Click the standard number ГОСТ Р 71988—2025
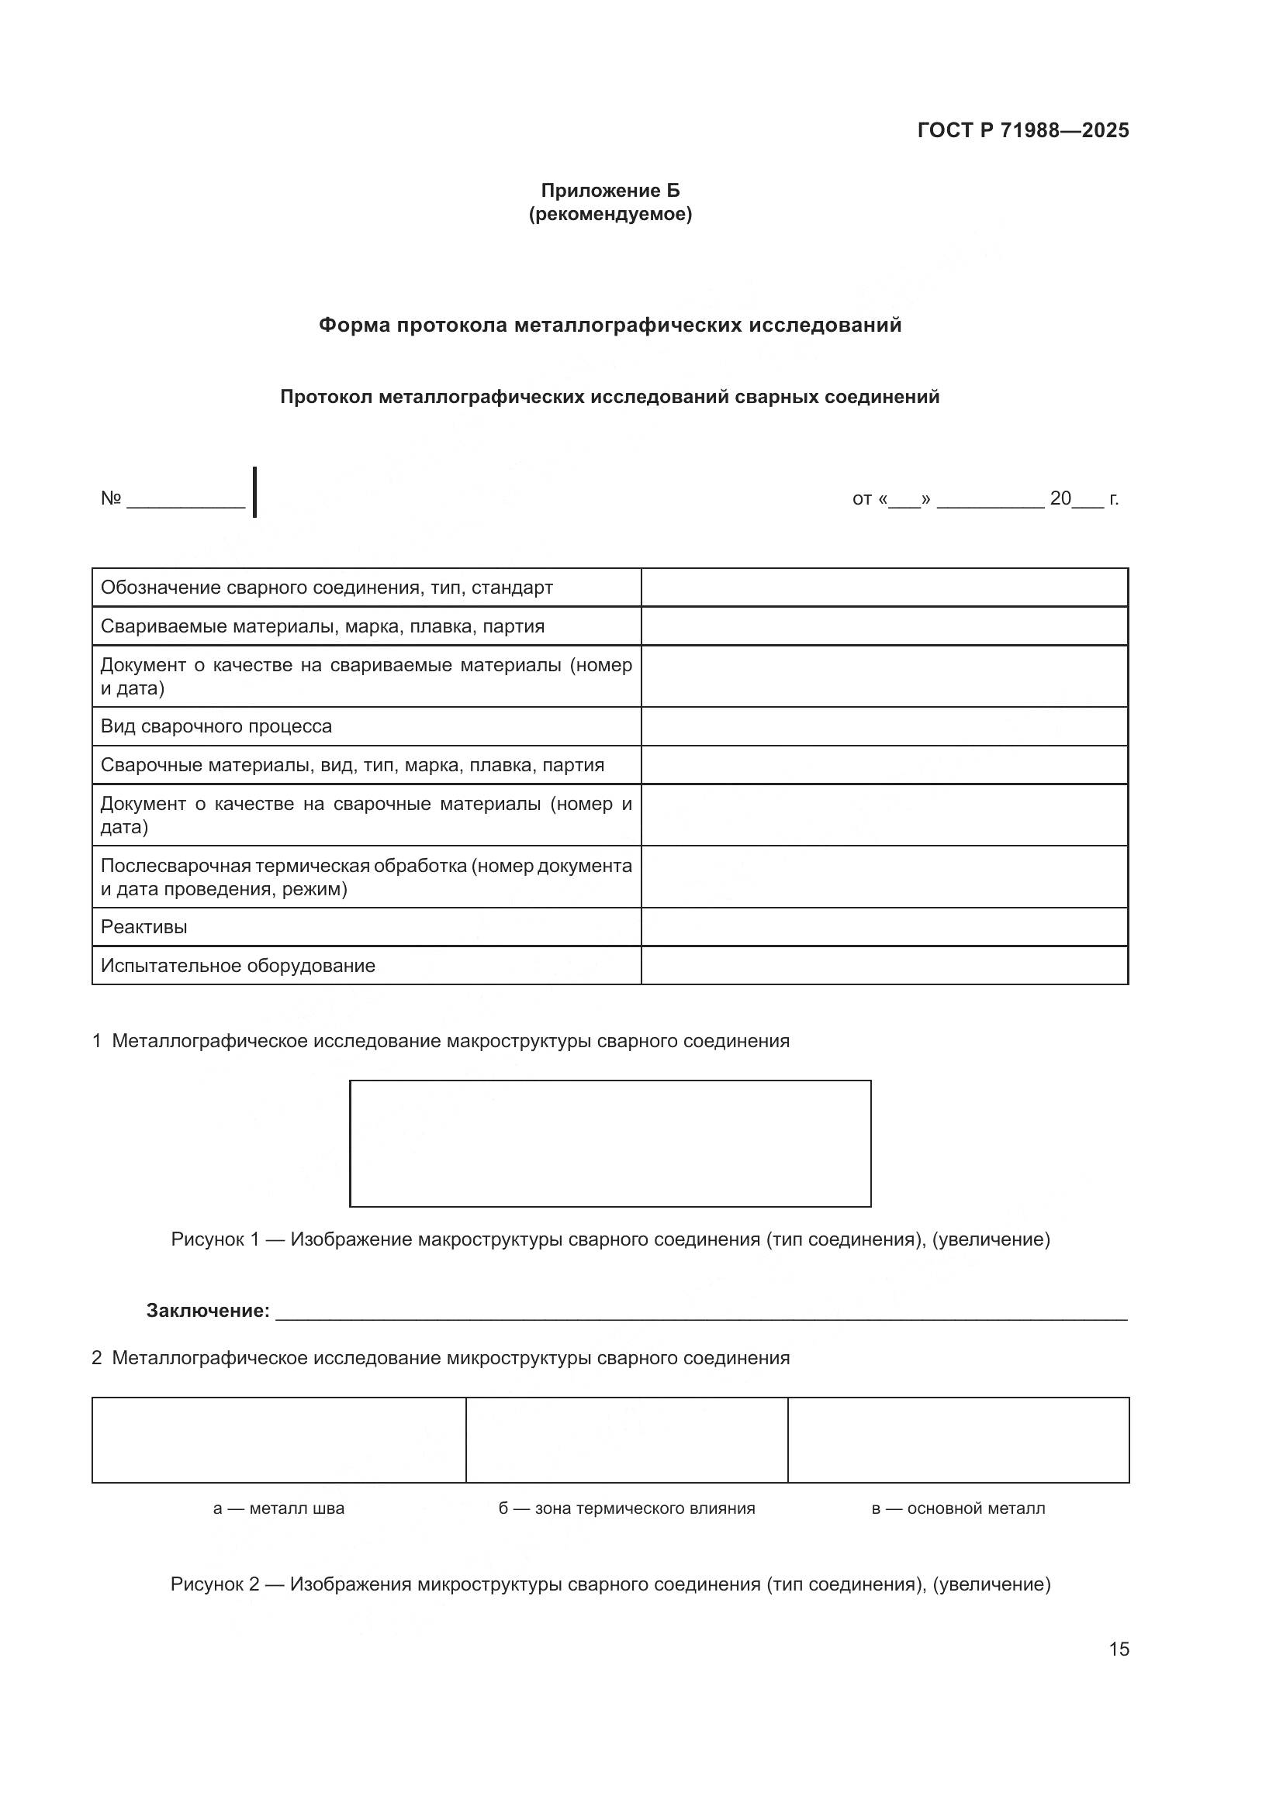click(1022, 130)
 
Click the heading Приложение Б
click(609, 191)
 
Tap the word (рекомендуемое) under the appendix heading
click(609, 214)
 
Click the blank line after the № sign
click(185, 500)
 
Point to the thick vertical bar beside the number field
click(254, 492)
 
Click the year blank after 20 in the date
click(1088, 500)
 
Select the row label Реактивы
click(144, 927)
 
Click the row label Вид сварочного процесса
click(216, 726)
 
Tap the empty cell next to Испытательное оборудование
click(884, 966)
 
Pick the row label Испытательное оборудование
click(238, 966)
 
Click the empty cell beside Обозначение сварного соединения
click(884, 588)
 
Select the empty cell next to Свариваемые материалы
click(884, 626)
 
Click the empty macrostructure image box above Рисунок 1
click(609, 1143)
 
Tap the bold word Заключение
click(208, 1311)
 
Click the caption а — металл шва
click(278, 1508)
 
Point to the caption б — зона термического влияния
click(626, 1508)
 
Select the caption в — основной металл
click(957, 1508)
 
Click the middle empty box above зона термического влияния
click(626, 1440)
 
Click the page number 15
click(1118, 1649)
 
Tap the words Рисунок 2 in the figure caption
click(214, 1585)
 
